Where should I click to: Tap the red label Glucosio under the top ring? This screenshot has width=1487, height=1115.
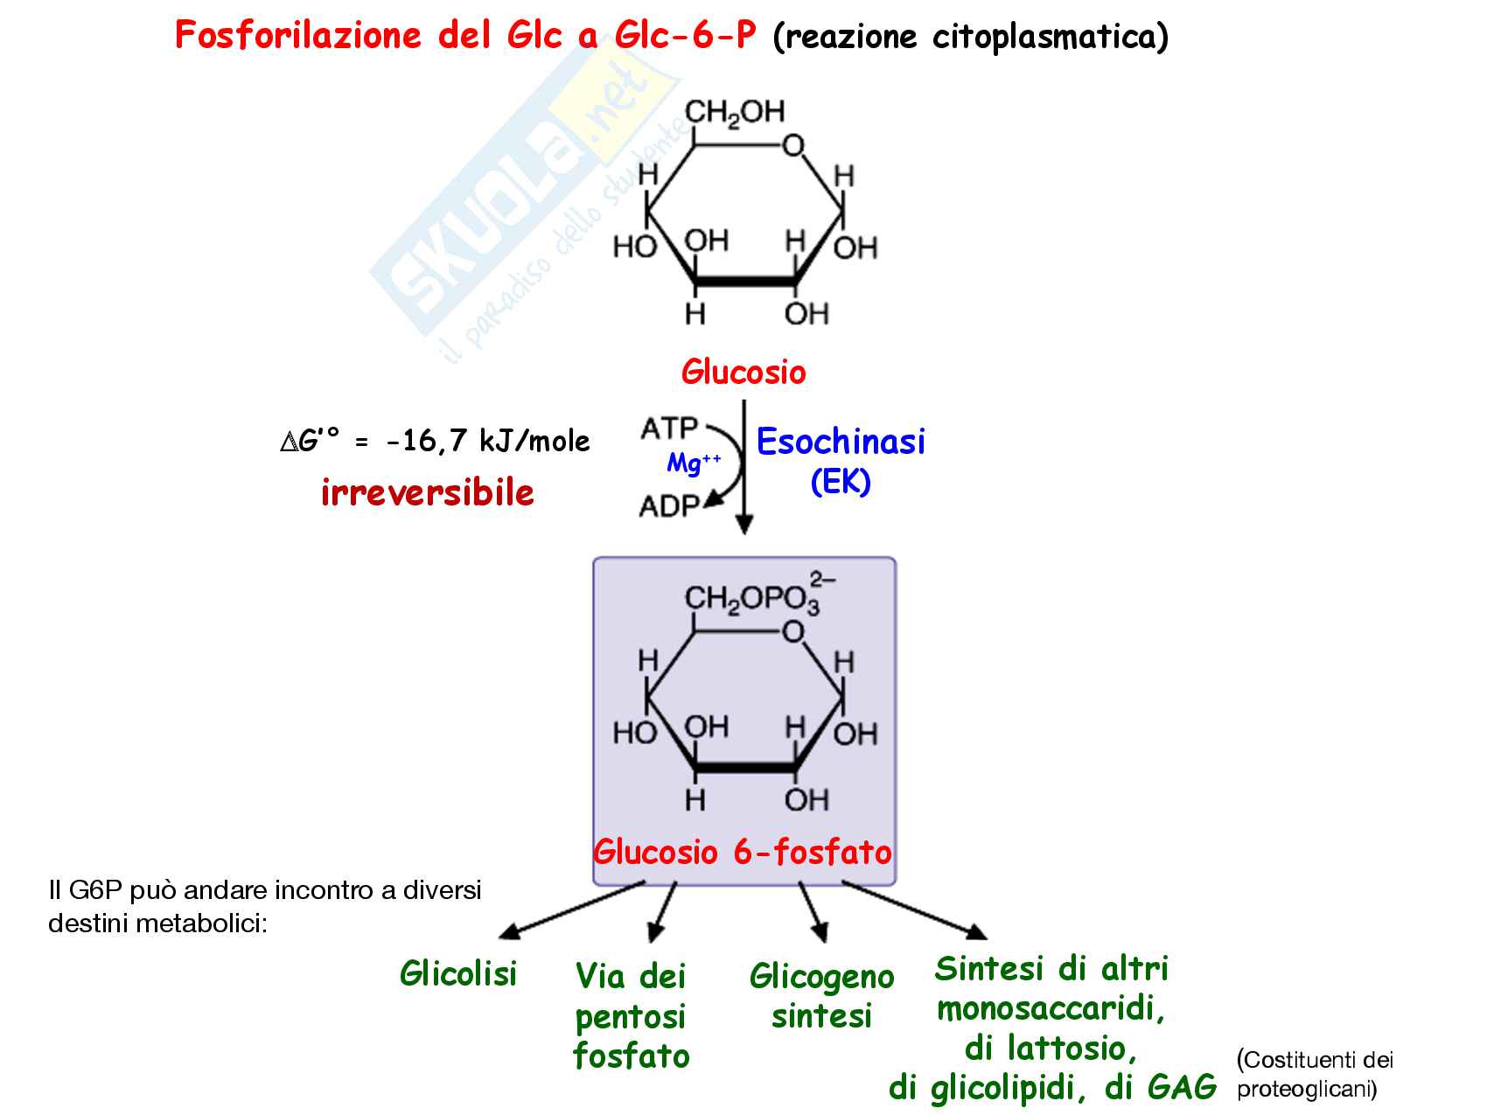pos(743,372)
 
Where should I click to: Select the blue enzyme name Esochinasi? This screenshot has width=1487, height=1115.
pos(841,442)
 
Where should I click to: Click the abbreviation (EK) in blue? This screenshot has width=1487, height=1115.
pos(841,482)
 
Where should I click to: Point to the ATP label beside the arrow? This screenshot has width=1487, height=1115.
pos(669,429)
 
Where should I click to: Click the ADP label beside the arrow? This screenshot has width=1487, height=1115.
pos(669,505)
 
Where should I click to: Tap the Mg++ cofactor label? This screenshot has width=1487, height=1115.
pos(694,463)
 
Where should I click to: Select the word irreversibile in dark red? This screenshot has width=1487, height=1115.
pos(428,493)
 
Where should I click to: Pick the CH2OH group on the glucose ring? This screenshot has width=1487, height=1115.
pos(735,112)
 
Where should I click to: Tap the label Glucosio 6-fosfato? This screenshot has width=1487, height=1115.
pos(743,852)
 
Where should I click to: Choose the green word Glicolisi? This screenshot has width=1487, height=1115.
pos(458,973)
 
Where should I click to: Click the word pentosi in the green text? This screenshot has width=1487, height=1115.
pos(630,1016)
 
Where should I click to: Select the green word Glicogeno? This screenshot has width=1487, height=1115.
pos(821,976)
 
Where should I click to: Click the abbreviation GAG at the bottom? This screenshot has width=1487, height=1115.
pos(1182,1087)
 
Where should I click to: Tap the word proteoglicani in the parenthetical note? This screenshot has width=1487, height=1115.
pos(1307,1090)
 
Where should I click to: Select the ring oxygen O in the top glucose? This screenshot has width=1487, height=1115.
pos(793,146)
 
